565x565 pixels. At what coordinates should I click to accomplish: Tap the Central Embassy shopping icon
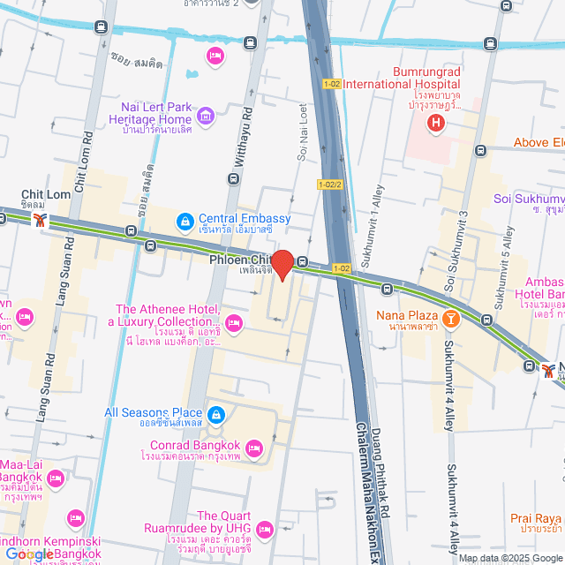185,219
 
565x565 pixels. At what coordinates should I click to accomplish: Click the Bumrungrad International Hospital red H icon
434,122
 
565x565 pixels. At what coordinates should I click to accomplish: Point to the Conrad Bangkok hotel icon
253,448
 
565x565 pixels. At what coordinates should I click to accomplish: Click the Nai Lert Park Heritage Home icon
206,115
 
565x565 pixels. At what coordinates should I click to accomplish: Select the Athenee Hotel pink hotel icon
234,324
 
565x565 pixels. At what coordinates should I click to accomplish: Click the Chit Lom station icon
40,221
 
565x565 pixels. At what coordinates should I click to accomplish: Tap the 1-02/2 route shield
329,185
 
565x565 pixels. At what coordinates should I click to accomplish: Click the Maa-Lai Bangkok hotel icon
56,479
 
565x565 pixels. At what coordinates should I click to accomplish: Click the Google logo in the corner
28,554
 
